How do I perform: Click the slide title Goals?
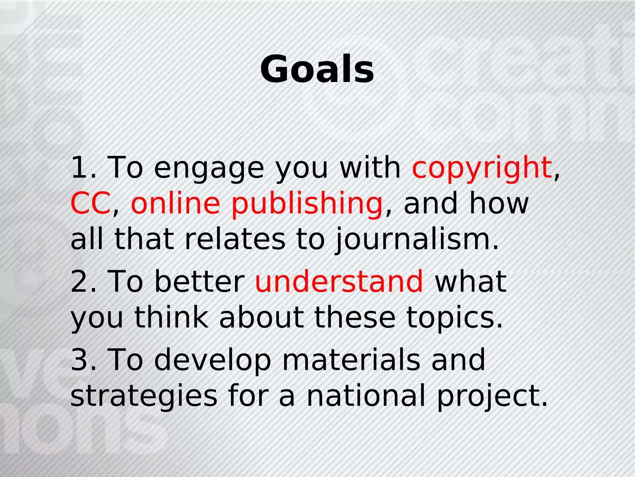pyautogui.click(x=317, y=69)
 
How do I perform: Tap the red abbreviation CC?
pyautogui.click(x=90, y=203)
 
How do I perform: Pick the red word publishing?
pyautogui.click(x=307, y=205)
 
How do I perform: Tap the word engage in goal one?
pyautogui.click(x=209, y=170)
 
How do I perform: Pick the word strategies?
pyautogui.click(x=144, y=398)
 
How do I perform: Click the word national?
pyautogui.click(x=366, y=395)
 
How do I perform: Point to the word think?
pyautogui.click(x=171, y=316)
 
